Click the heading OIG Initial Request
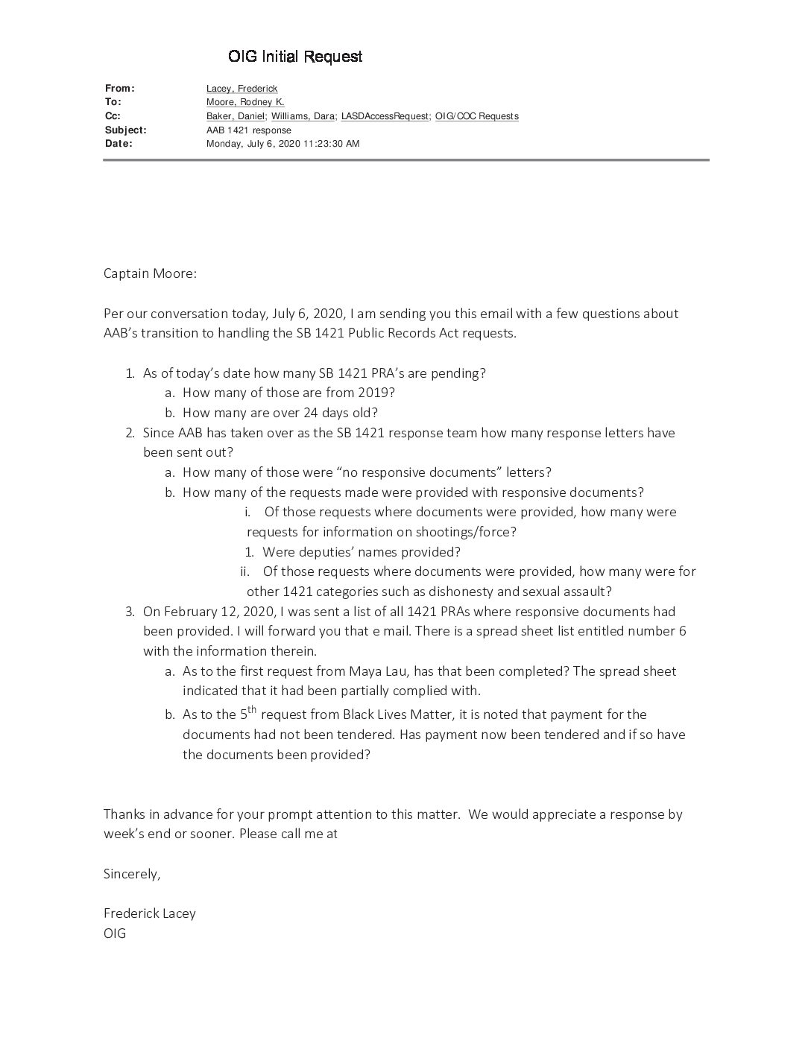295,57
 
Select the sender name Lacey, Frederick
242,89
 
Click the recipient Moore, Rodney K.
245,102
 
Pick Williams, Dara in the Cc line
303,116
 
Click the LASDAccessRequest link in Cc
385,116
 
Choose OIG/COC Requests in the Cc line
476,116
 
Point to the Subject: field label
125,130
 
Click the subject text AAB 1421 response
248,130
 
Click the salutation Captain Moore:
150,273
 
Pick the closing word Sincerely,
132,874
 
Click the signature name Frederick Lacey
149,913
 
